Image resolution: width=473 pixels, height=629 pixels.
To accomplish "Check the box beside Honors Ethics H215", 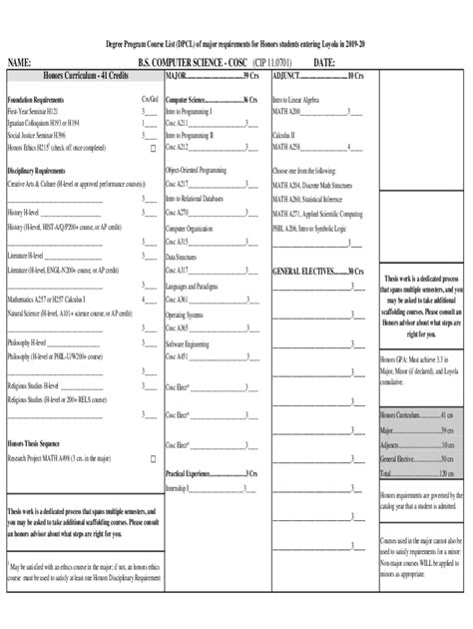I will pyautogui.click(x=153, y=147).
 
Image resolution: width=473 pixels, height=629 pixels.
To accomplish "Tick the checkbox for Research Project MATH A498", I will pyautogui.click(x=153, y=459).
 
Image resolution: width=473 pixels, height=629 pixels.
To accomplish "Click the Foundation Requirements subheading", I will pyautogui.click(x=37, y=100).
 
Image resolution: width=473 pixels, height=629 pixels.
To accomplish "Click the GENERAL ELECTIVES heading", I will pyautogui.click(x=303, y=271).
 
